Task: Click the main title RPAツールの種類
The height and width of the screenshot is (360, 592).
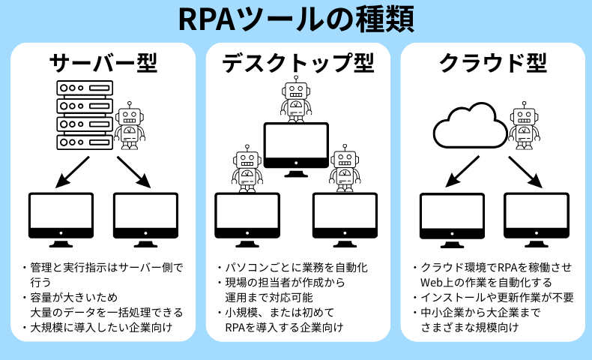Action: tap(296, 20)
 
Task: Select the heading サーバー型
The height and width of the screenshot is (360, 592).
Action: tap(103, 64)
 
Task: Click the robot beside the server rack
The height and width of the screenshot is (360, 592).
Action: tap(130, 124)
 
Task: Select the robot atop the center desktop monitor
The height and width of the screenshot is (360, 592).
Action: tap(296, 99)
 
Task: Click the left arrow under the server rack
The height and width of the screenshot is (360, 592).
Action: tap(73, 171)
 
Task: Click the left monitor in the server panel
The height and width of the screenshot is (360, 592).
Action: tap(61, 219)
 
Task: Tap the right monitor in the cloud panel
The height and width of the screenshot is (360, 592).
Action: tap(536, 219)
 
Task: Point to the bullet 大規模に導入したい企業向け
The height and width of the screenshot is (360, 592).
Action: tap(101, 327)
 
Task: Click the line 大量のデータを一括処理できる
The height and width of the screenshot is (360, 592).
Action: tap(106, 312)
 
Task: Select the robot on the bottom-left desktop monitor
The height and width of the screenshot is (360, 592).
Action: tap(246, 169)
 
